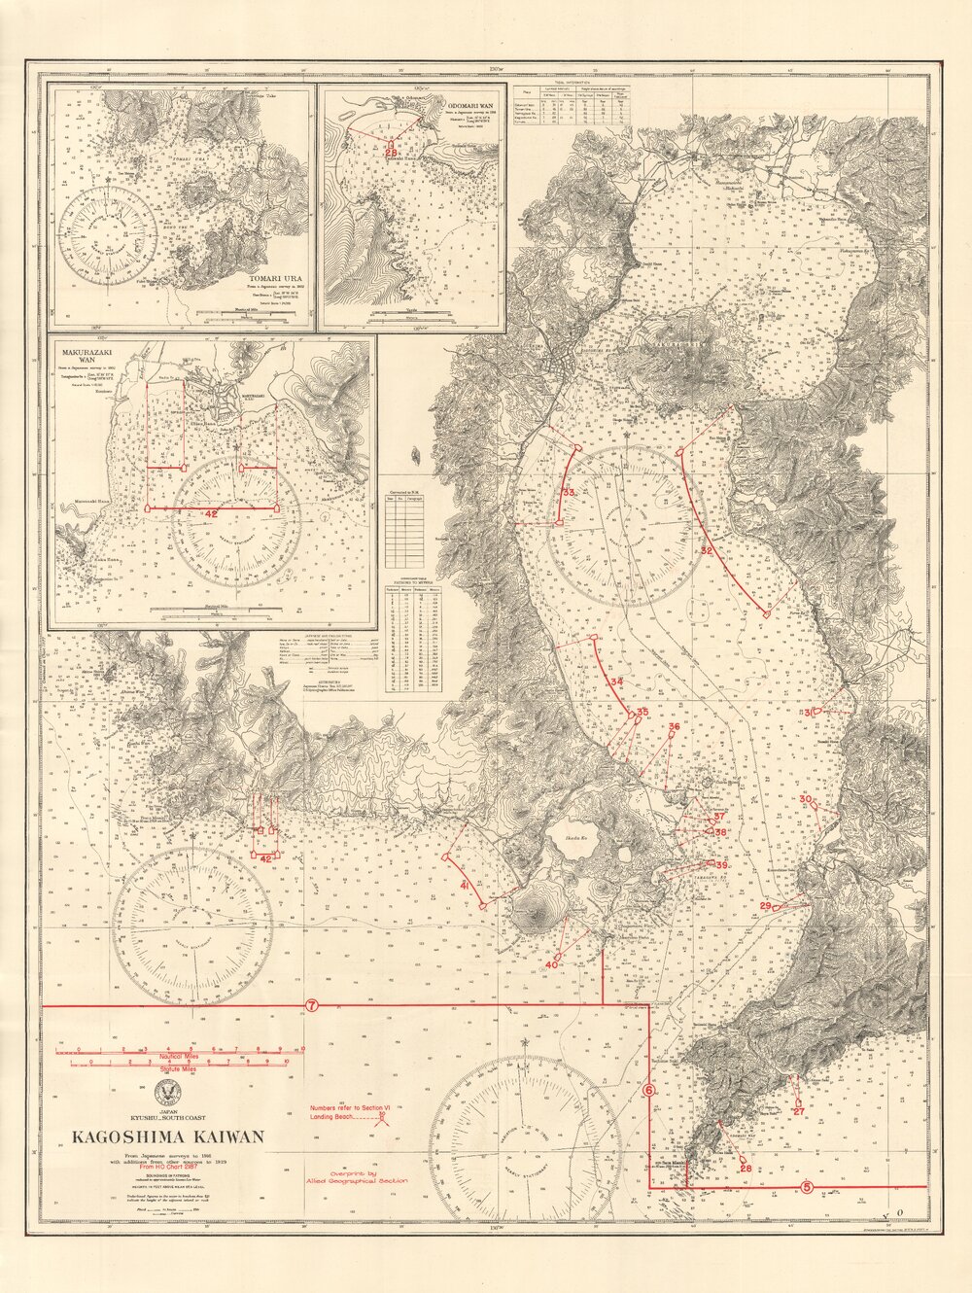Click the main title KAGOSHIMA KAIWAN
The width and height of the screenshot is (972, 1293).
pyautogui.click(x=163, y=1136)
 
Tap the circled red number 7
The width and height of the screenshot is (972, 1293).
pyautogui.click(x=311, y=1005)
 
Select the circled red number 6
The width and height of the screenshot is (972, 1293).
pyautogui.click(x=649, y=1091)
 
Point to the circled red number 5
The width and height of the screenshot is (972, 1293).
pyautogui.click(x=808, y=1186)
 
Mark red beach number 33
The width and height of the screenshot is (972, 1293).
pyautogui.click(x=569, y=494)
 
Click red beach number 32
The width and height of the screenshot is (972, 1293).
pyautogui.click(x=707, y=551)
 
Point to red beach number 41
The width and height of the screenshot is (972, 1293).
pyautogui.click(x=466, y=886)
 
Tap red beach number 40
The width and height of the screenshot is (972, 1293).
pyautogui.click(x=551, y=964)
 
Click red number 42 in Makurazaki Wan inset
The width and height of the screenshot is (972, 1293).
pyautogui.click(x=211, y=512)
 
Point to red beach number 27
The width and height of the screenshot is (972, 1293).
pyautogui.click(x=798, y=1109)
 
